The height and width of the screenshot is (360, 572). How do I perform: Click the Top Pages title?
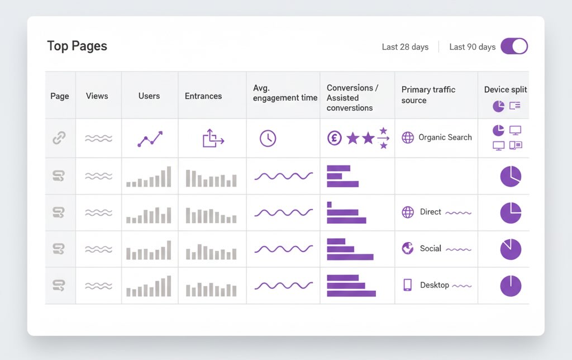coord(77,46)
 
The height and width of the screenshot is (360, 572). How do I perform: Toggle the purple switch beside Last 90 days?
coord(514,46)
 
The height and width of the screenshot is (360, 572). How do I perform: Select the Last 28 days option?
coord(405,47)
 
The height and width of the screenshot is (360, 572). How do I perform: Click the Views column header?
coord(97,96)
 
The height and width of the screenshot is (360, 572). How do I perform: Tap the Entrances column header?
coord(203,96)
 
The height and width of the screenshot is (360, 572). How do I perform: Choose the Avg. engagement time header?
coord(285,92)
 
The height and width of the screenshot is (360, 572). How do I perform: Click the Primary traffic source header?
coord(428,95)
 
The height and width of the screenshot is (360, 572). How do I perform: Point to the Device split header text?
coord(505,89)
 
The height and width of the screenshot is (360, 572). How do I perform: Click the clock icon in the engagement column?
coord(268,138)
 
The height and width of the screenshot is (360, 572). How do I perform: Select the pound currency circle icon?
coord(334,138)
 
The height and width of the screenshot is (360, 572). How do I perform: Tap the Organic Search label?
coord(445,138)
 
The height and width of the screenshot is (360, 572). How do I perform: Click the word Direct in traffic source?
coord(430,212)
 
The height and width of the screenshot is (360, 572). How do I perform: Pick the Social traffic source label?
coord(430,248)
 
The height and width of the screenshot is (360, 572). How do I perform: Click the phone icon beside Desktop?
coord(408,285)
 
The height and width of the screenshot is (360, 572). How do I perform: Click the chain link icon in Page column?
coord(59,138)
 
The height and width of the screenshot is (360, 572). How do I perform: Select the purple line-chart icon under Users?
coord(150,139)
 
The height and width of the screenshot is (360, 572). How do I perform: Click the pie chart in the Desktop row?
coord(511,286)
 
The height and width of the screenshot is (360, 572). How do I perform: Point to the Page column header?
coord(60,96)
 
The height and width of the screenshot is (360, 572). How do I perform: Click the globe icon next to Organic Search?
coord(408,138)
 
